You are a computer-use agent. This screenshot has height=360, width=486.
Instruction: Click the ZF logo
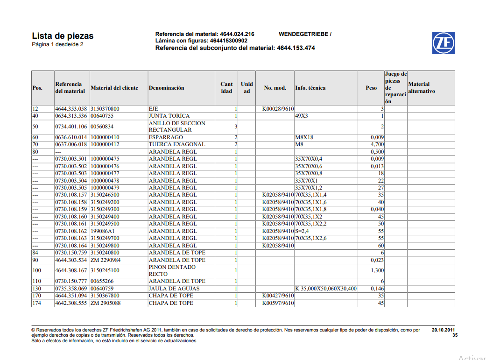[443, 43]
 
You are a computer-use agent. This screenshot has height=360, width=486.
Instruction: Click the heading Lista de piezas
[63, 36]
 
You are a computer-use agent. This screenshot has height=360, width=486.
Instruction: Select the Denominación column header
[166, 88]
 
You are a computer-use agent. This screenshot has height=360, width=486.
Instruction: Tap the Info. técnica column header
[310, 88]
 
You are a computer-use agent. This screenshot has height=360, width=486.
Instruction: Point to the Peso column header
[371, 88]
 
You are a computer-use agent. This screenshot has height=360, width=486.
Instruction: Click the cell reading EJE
[154, 109]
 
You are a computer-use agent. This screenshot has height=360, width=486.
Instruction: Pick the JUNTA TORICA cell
[169, 116]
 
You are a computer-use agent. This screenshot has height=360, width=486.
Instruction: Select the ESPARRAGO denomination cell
[166, 137]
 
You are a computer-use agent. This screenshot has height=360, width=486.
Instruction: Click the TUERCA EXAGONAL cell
[176, 144]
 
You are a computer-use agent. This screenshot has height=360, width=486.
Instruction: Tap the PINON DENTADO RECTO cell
[172, 270]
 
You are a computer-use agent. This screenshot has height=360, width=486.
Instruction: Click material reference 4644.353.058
[71, 109]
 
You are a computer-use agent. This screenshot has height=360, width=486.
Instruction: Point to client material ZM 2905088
[106, 303]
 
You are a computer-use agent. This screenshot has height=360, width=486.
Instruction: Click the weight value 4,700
[377, 144]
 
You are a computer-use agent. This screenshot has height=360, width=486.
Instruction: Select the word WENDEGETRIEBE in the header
[303, 34]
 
